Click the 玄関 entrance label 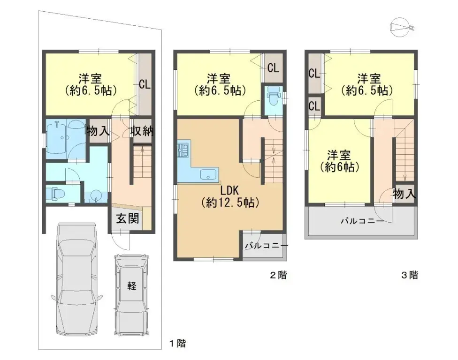pos(128,219)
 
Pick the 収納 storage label pos(142,132)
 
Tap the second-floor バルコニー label pos(266,245)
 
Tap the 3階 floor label pos(409,276)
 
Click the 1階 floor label pos(177,344)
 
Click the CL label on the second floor pos(273,67)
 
